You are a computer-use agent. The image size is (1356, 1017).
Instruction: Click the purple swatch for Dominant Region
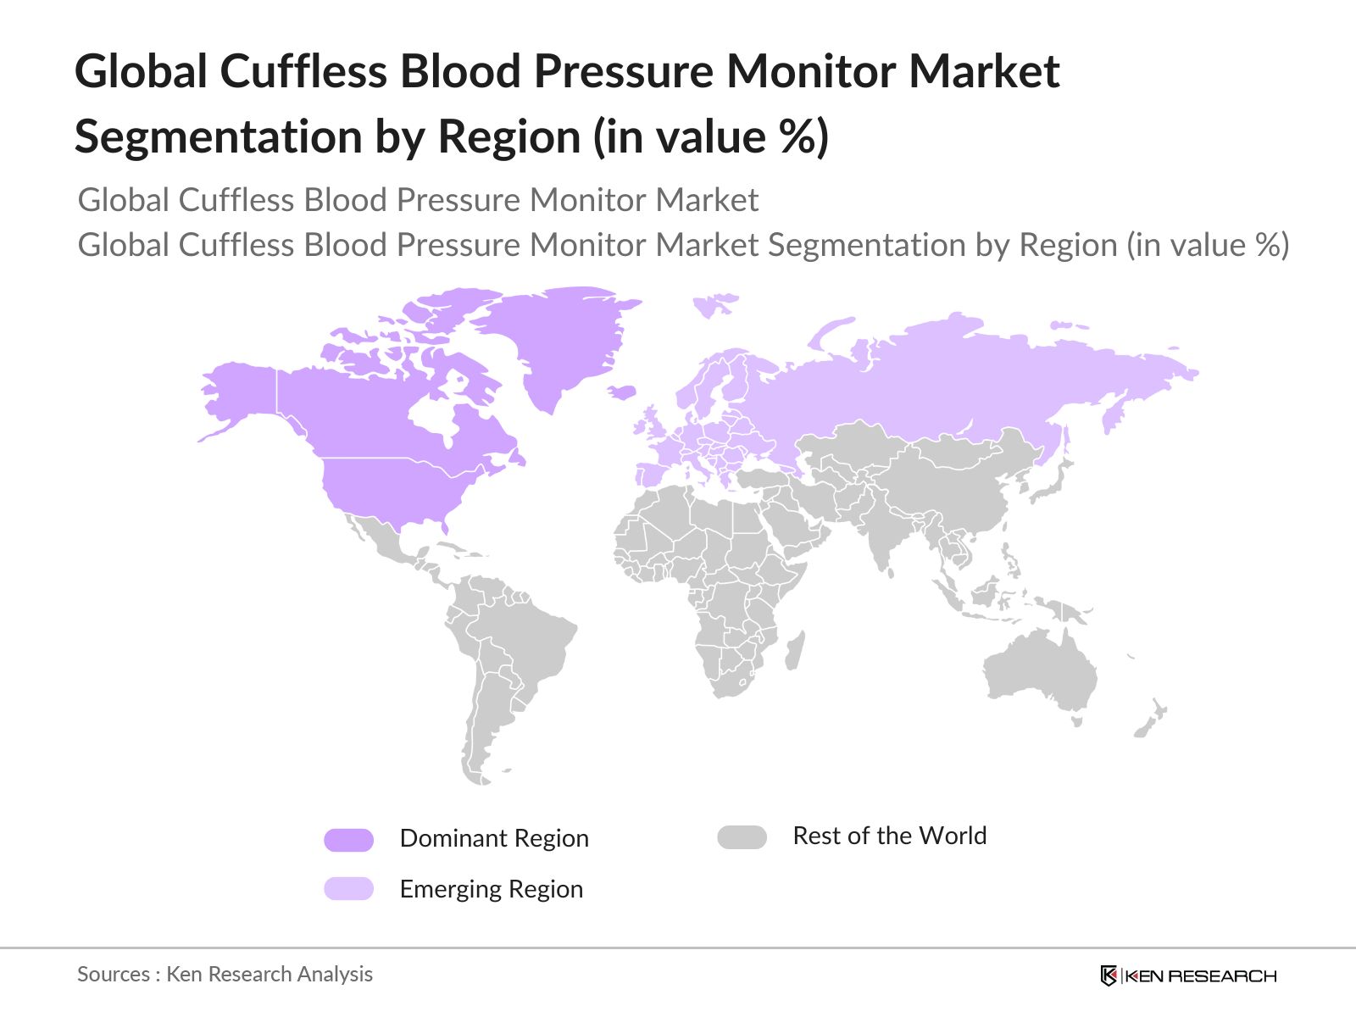(348, 840)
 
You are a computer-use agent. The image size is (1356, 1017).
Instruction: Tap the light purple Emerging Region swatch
(348, 889)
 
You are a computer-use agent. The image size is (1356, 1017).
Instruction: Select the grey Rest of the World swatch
(742, 837)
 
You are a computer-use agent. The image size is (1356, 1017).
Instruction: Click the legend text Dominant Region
(494, 838)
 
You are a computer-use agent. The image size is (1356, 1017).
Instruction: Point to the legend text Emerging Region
(491, 889)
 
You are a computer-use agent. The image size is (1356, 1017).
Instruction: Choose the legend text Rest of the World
(889, 836)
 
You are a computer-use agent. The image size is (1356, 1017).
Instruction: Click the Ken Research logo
(1188, 975)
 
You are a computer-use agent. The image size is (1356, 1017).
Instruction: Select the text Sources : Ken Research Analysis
(225, 974)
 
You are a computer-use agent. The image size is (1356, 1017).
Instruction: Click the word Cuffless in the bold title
(303, 70)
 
